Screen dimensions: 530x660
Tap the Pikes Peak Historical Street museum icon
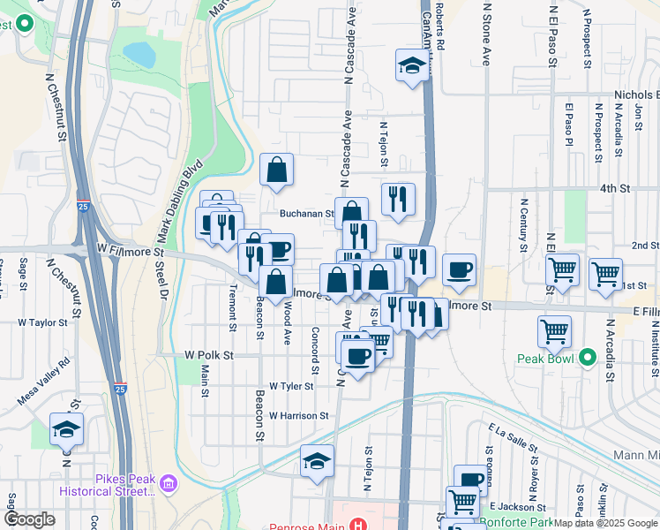[169, 483]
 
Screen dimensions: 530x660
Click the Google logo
[29, 519]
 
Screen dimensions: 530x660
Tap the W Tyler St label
[291, 386]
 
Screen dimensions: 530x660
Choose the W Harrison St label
[298, 415]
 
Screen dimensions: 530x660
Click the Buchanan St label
[306, 213]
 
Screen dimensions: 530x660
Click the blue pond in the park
[139, 55]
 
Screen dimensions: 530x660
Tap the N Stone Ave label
[485, 35]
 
